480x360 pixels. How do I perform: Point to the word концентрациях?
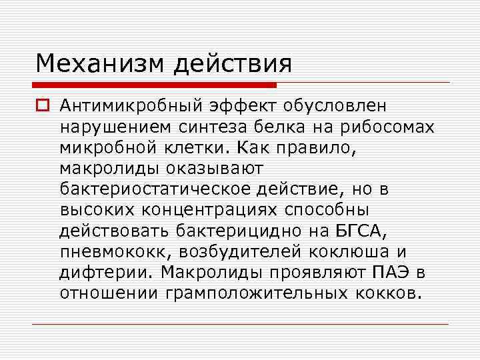point(213,211)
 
